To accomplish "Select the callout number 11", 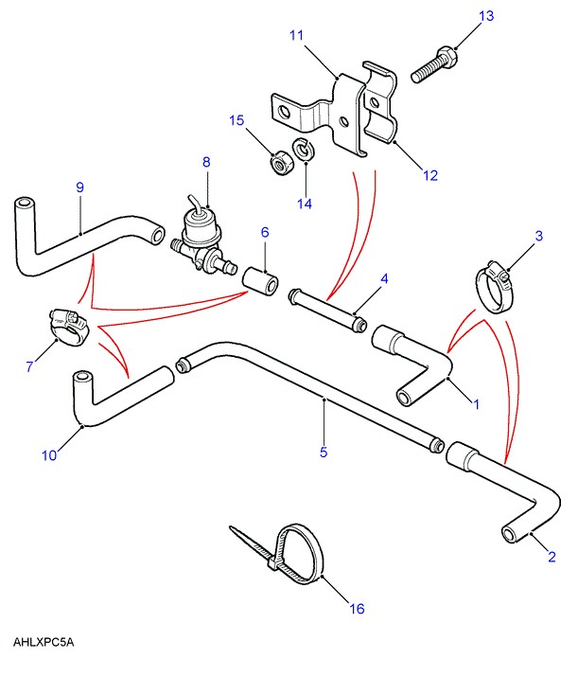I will coord(296,36).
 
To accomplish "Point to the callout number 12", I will coord(430,174).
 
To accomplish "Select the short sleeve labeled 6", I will coord(261,281).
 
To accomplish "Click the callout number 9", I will coord(80,187).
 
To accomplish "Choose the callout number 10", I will coord(49,454).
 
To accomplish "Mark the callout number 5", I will coord(323,453).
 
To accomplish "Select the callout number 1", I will coord(476,404).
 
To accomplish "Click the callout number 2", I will coord(551,558).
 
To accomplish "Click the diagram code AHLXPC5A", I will coord(44,642).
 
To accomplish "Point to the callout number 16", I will coord(356,609).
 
